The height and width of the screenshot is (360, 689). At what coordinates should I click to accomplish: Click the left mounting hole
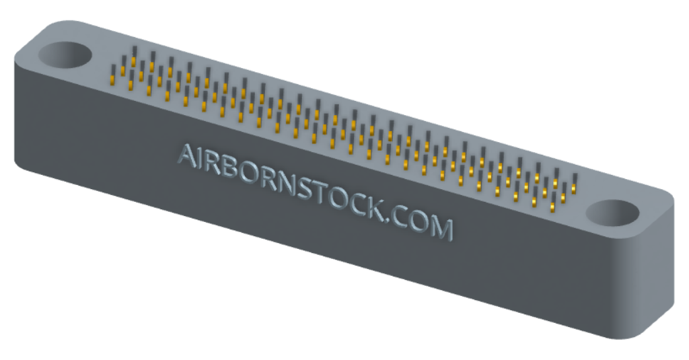tap(65, 56)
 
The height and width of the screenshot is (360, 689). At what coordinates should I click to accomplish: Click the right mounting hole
tap(612, 213)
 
